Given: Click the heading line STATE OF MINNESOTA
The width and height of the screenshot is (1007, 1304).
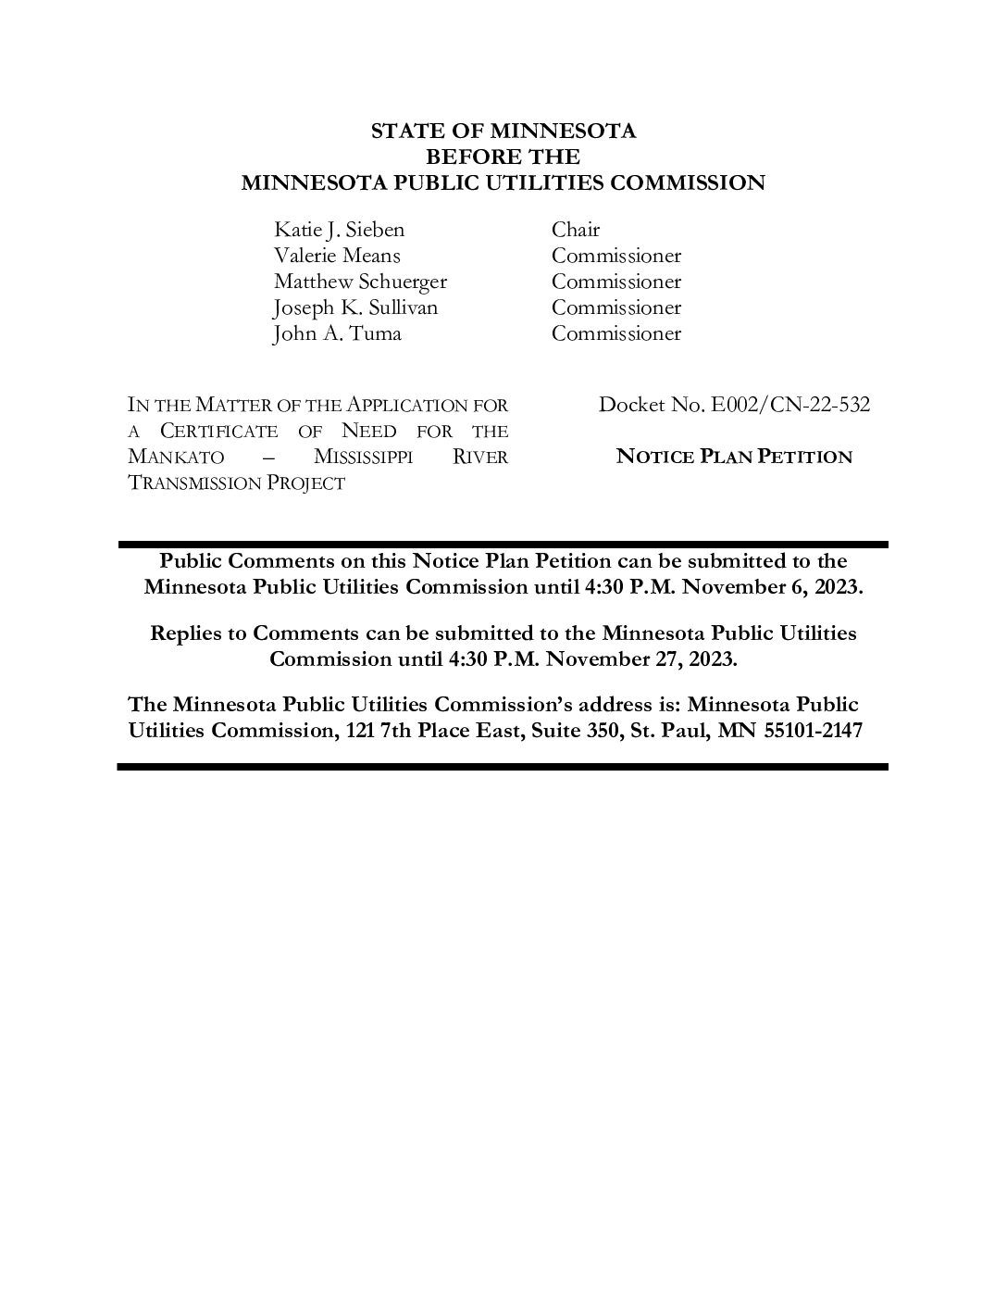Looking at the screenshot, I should [x=503, y=131].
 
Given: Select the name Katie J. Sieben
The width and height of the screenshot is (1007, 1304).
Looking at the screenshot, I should [x=339, y=230].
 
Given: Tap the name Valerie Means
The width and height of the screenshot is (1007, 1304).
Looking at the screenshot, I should [x=337, y=256].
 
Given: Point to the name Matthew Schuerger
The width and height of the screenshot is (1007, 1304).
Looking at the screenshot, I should [x=360, y=282].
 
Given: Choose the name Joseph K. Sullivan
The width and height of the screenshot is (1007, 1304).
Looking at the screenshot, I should [x=355, y=307].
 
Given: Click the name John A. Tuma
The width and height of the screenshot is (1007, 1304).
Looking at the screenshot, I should [x=337, y=333].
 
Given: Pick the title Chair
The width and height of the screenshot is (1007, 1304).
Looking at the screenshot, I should [x=576, y=230].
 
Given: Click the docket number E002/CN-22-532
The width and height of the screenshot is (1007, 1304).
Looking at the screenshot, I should [x=789, y=405].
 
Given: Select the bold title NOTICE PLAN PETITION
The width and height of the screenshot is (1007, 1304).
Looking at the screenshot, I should [x=734, y=457].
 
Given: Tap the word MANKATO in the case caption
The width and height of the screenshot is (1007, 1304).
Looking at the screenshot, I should [x=176, y=458].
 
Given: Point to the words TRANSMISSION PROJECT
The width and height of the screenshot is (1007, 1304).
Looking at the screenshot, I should [x=236, y=483].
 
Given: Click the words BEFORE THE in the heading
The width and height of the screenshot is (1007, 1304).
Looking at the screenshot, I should [x=503, y=157].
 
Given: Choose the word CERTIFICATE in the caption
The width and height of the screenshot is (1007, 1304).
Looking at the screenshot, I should [x=218, y=432].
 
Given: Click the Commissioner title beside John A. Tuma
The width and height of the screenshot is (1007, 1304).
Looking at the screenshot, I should [x=616, y=333].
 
